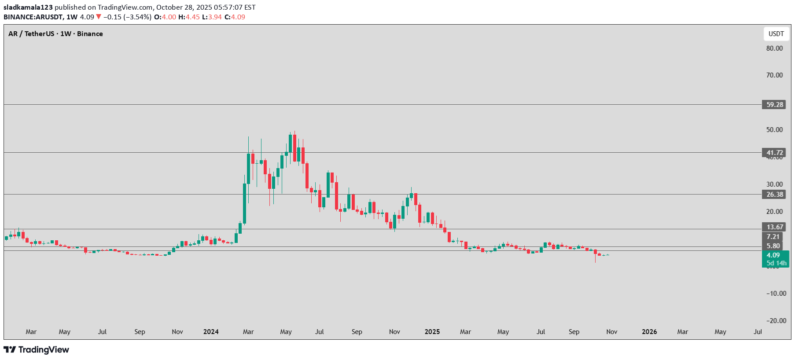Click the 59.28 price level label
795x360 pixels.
[x=774, y=105]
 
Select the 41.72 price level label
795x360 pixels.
[x=774, y=153]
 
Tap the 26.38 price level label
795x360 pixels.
[x=774, y=195]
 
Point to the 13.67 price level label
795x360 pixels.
[x=774, y=227]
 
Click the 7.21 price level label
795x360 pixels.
[x=773, y=237]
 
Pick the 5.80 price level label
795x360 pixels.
[x=773, y=246]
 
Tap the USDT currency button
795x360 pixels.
[x=776, y=34]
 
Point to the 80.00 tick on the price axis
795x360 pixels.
[x=774, y=48]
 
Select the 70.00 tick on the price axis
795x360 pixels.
[x=774, y=75]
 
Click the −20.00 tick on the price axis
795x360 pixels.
[x=776, y=321]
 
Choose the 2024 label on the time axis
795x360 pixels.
[x=211, y=332]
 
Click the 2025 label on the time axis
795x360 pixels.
[x=432, y=332]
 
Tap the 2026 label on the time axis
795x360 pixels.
[x=649, y=332]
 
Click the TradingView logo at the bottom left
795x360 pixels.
[x=37, y=350]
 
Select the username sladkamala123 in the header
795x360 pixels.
[x=28, y=7]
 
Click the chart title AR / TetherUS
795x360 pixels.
[x=31, y=34]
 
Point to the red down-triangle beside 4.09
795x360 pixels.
[x=99, y=17]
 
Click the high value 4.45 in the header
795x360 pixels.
[x=192, y=17]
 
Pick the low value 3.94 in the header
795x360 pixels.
[x=215, y=17]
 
